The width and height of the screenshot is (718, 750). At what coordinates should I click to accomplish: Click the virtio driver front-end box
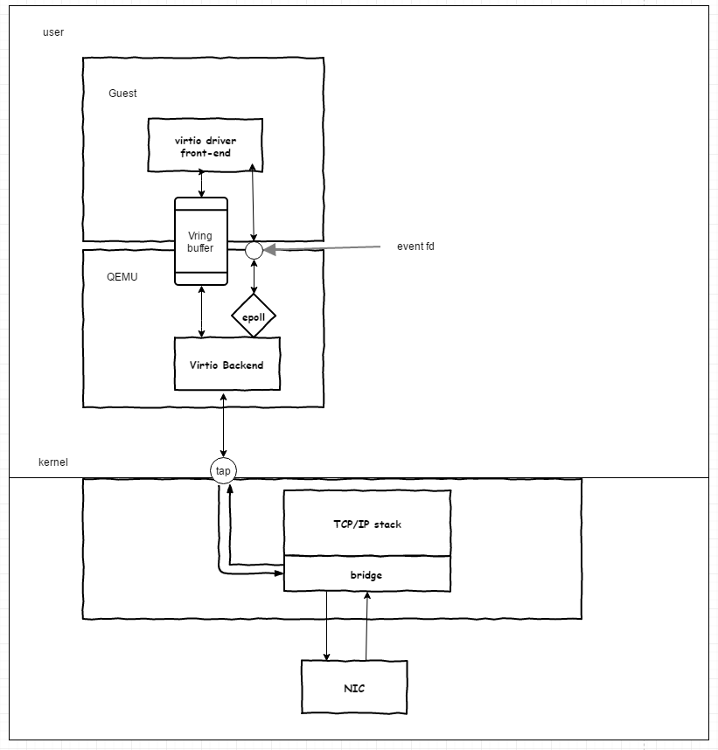pyautogui.click(x=206, y=146)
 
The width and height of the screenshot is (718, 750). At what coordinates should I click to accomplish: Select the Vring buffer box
pyautogui.click(x=200, y=241)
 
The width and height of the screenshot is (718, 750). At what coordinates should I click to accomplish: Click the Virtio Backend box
pyautogui.click(x=226, y=365)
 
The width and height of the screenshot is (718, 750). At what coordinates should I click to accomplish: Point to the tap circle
pyautogui.click(x=224, y=470)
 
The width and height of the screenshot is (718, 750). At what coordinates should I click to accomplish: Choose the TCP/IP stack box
pyautogui.click(x=366, y=524)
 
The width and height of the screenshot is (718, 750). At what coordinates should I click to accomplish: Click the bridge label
pyautogui.click(x=366, y=574)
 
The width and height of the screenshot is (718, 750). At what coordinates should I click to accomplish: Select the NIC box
pyautogui.click(x=353, y=688)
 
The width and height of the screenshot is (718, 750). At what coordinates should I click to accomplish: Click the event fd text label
pyautogui.click(x=415, y=247)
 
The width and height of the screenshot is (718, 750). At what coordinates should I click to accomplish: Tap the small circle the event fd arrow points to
pyautogui.click(x=254, y=250)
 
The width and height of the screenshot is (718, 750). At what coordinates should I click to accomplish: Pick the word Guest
pyautogui.click(x=122, y=94)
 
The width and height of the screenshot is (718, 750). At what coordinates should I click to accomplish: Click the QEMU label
pyautogui.click(x=122, y=277)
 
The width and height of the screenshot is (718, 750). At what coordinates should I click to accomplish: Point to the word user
pyautogui.click(x=53, y=32)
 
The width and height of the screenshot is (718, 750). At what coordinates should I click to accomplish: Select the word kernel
pyautogui.click(x=53, y=461)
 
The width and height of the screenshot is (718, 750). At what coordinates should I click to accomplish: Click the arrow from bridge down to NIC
pyautogui.click(x=327, y=626)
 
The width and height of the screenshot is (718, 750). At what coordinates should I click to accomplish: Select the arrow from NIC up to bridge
pyautogui.click(x=366, y=626)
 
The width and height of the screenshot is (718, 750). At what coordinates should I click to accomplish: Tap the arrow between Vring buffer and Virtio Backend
pyautogui.click(x=202, y=311)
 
